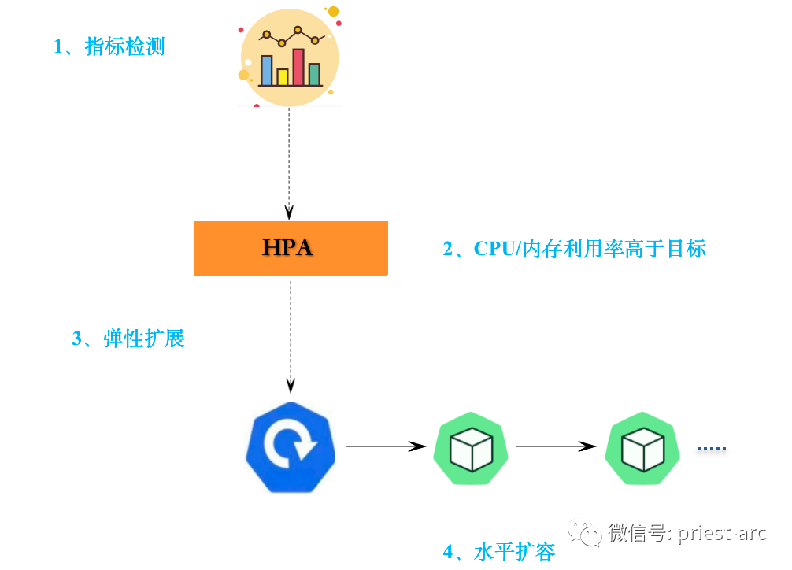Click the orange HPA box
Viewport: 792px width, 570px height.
click(x=291, y=248)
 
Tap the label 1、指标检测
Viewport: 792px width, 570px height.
click(x=109, y=46)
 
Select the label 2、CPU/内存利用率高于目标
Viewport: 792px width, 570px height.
click(x=574, y=249)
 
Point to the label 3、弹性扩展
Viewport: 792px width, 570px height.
click(x=128, y=339)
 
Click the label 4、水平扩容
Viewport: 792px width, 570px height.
click(x=499, y=551)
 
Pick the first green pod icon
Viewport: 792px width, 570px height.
click(x=470, y=448)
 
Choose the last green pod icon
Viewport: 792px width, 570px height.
click(x=642, y=448)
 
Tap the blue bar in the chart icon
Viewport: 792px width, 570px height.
click(x=267, y=70)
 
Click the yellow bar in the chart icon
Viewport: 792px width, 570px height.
click(x=283, y=76)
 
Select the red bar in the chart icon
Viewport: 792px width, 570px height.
click(x=298, y=67)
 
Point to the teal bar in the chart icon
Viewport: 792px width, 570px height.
click(x=314, y=74)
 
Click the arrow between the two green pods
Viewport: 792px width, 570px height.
click(x=555, y=446)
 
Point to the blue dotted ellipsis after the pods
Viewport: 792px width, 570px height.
click(x=712, y=449)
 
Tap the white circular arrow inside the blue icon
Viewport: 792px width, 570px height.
click(x=290, y=446)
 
